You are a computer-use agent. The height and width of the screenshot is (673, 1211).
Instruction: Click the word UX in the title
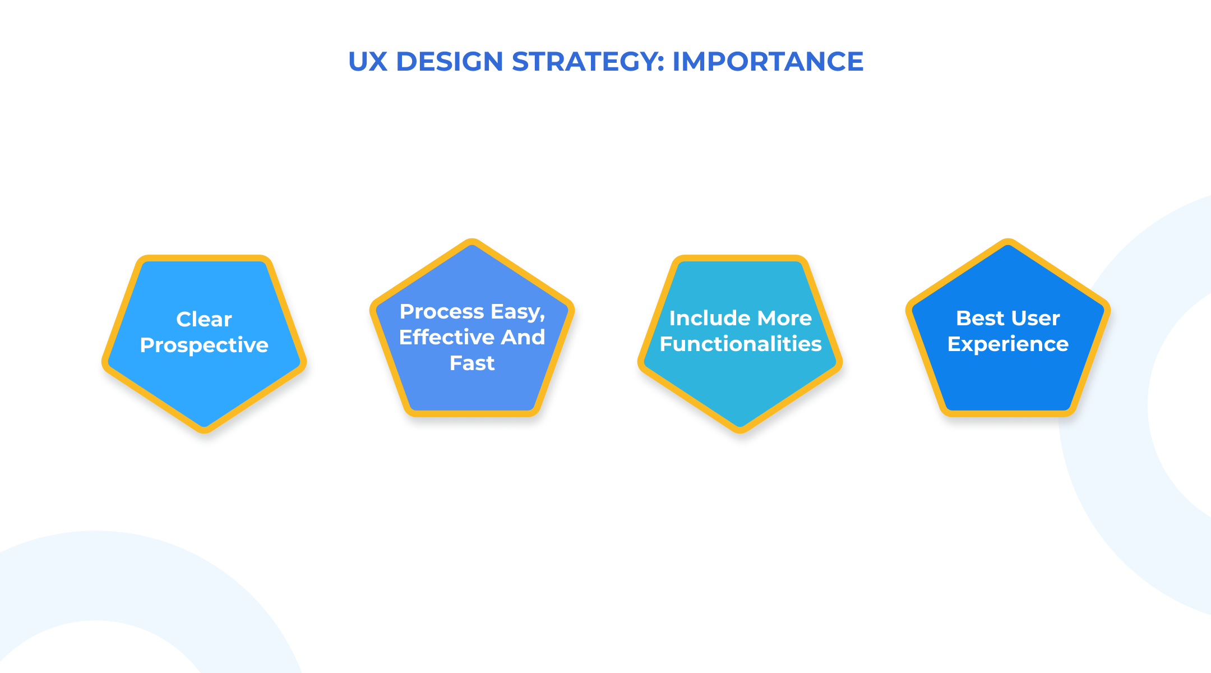(x=368, y=62)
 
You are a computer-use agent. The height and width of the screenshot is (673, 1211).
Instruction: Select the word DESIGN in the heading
(x=450, y=62)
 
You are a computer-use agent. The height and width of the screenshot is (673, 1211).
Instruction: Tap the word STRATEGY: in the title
(x=588, y=62)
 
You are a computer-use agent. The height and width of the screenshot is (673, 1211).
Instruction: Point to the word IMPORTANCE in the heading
(x=768, y=62)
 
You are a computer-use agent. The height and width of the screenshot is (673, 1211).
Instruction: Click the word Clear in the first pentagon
(x=204, y=319)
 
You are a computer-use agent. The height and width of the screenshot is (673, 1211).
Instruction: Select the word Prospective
(x=204, y=345)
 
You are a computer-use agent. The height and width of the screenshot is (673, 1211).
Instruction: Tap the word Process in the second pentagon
(x=442, y=311)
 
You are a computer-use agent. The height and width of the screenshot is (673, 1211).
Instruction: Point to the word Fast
(x=472, y=363)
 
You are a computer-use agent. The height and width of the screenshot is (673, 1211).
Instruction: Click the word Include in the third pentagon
(x=709, y=318)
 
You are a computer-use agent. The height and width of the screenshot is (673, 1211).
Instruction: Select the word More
(x=784, y=318)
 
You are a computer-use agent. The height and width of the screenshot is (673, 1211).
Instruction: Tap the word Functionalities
(x=741, y=344)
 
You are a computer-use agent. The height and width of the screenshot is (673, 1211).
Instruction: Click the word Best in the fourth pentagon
(x=979, y=318)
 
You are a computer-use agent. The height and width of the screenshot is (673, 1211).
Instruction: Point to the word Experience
(x=1008, y=344)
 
